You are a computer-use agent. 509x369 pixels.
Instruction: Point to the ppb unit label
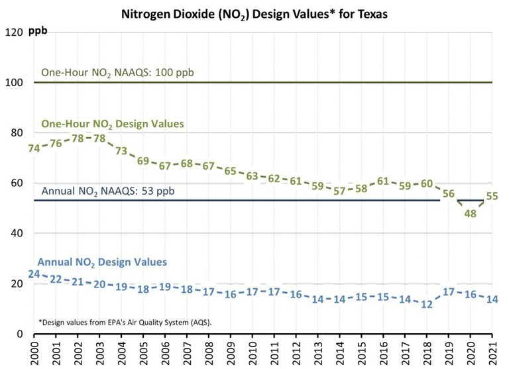click(38, 31)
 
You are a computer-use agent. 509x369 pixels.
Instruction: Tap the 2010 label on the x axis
click(253, 353)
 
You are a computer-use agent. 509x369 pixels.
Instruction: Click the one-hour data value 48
click(471, 213)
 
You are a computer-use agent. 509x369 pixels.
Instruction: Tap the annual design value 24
click(34, 274)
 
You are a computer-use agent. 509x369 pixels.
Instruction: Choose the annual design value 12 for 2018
click(427, 304)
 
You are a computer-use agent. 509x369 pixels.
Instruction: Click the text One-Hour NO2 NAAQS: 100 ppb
click(117, 72)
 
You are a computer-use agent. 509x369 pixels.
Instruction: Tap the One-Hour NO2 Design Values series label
click(113, 124)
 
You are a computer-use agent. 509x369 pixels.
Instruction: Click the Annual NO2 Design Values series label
click(102, 262)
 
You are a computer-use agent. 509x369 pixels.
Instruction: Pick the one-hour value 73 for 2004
click(121, 150)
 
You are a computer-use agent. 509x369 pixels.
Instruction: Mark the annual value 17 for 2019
click(449, 291)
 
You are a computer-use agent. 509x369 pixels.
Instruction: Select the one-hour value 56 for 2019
click(449, 193)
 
